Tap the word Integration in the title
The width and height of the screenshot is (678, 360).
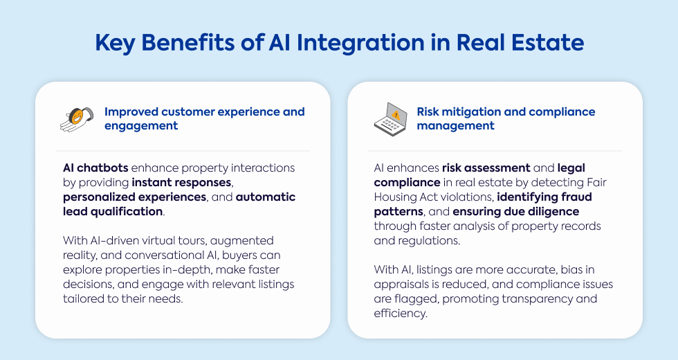coord(360,43)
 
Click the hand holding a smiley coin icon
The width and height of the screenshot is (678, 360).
coord(77,118)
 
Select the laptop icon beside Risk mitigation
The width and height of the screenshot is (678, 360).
coord(390,119)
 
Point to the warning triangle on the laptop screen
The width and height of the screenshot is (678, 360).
coord(396,115)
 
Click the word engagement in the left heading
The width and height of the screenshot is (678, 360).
coord(141,126)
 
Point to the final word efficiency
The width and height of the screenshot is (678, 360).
coord(401,313)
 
